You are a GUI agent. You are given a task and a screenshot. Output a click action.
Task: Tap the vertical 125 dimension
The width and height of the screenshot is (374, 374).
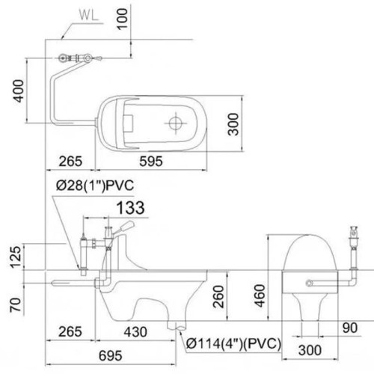9,259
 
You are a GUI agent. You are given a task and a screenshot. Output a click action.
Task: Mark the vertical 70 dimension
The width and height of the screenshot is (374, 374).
9,305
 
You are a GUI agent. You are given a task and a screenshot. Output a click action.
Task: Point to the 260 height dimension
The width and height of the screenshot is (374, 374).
216,300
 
